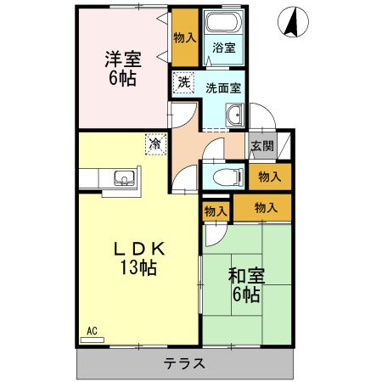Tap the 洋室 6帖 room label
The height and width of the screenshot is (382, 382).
(123, 68)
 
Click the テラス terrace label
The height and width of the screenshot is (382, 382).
(184, 363)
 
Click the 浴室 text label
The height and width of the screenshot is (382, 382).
(223, 48)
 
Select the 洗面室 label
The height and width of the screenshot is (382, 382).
(222, 87)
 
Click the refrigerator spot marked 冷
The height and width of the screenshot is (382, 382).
(154, 144)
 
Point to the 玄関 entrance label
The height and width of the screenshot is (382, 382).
(262, 145)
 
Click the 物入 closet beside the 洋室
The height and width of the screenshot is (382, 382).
(184, 38)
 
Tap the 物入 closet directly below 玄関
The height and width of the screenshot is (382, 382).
(270, 177)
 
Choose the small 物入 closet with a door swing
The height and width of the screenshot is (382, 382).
(216, 211)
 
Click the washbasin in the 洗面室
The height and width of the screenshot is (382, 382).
(234, 116)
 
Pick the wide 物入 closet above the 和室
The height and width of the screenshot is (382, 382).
(265, 207)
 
